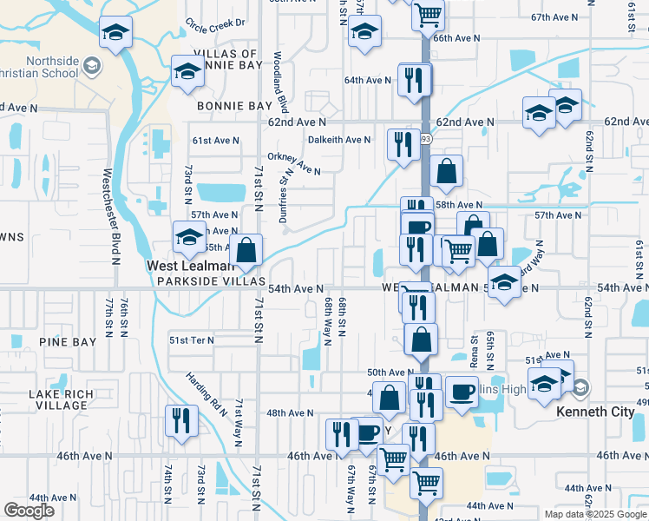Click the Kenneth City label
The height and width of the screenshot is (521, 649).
(595, 411)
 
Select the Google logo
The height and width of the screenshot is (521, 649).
(29, 511)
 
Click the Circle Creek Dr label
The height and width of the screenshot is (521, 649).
(216, 23)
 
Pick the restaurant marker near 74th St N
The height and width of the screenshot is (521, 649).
(181, 420)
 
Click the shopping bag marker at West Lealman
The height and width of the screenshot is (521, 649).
(247, 250)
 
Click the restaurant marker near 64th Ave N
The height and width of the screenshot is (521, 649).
(415, 80)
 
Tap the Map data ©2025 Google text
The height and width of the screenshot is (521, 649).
(594, 514)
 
